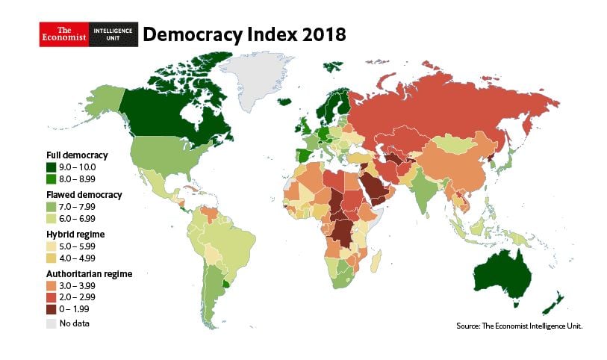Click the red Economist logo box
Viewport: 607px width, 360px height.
point(63,34)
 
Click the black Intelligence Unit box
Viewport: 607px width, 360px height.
point(113,34)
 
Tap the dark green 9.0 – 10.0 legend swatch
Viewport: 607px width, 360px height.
point(51,167)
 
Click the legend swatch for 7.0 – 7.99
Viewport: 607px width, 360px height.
point(51,206)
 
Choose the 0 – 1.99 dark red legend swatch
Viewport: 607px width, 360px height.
point(51,308)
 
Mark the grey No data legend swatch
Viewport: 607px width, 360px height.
point(51,323)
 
